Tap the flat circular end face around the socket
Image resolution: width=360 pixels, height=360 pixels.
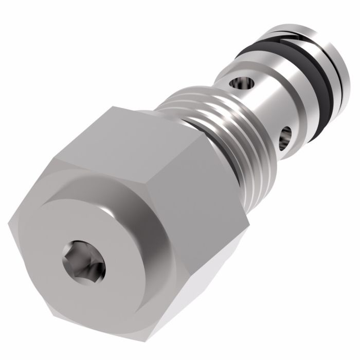(111, 242)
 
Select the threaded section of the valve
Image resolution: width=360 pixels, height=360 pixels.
(226, 134)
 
